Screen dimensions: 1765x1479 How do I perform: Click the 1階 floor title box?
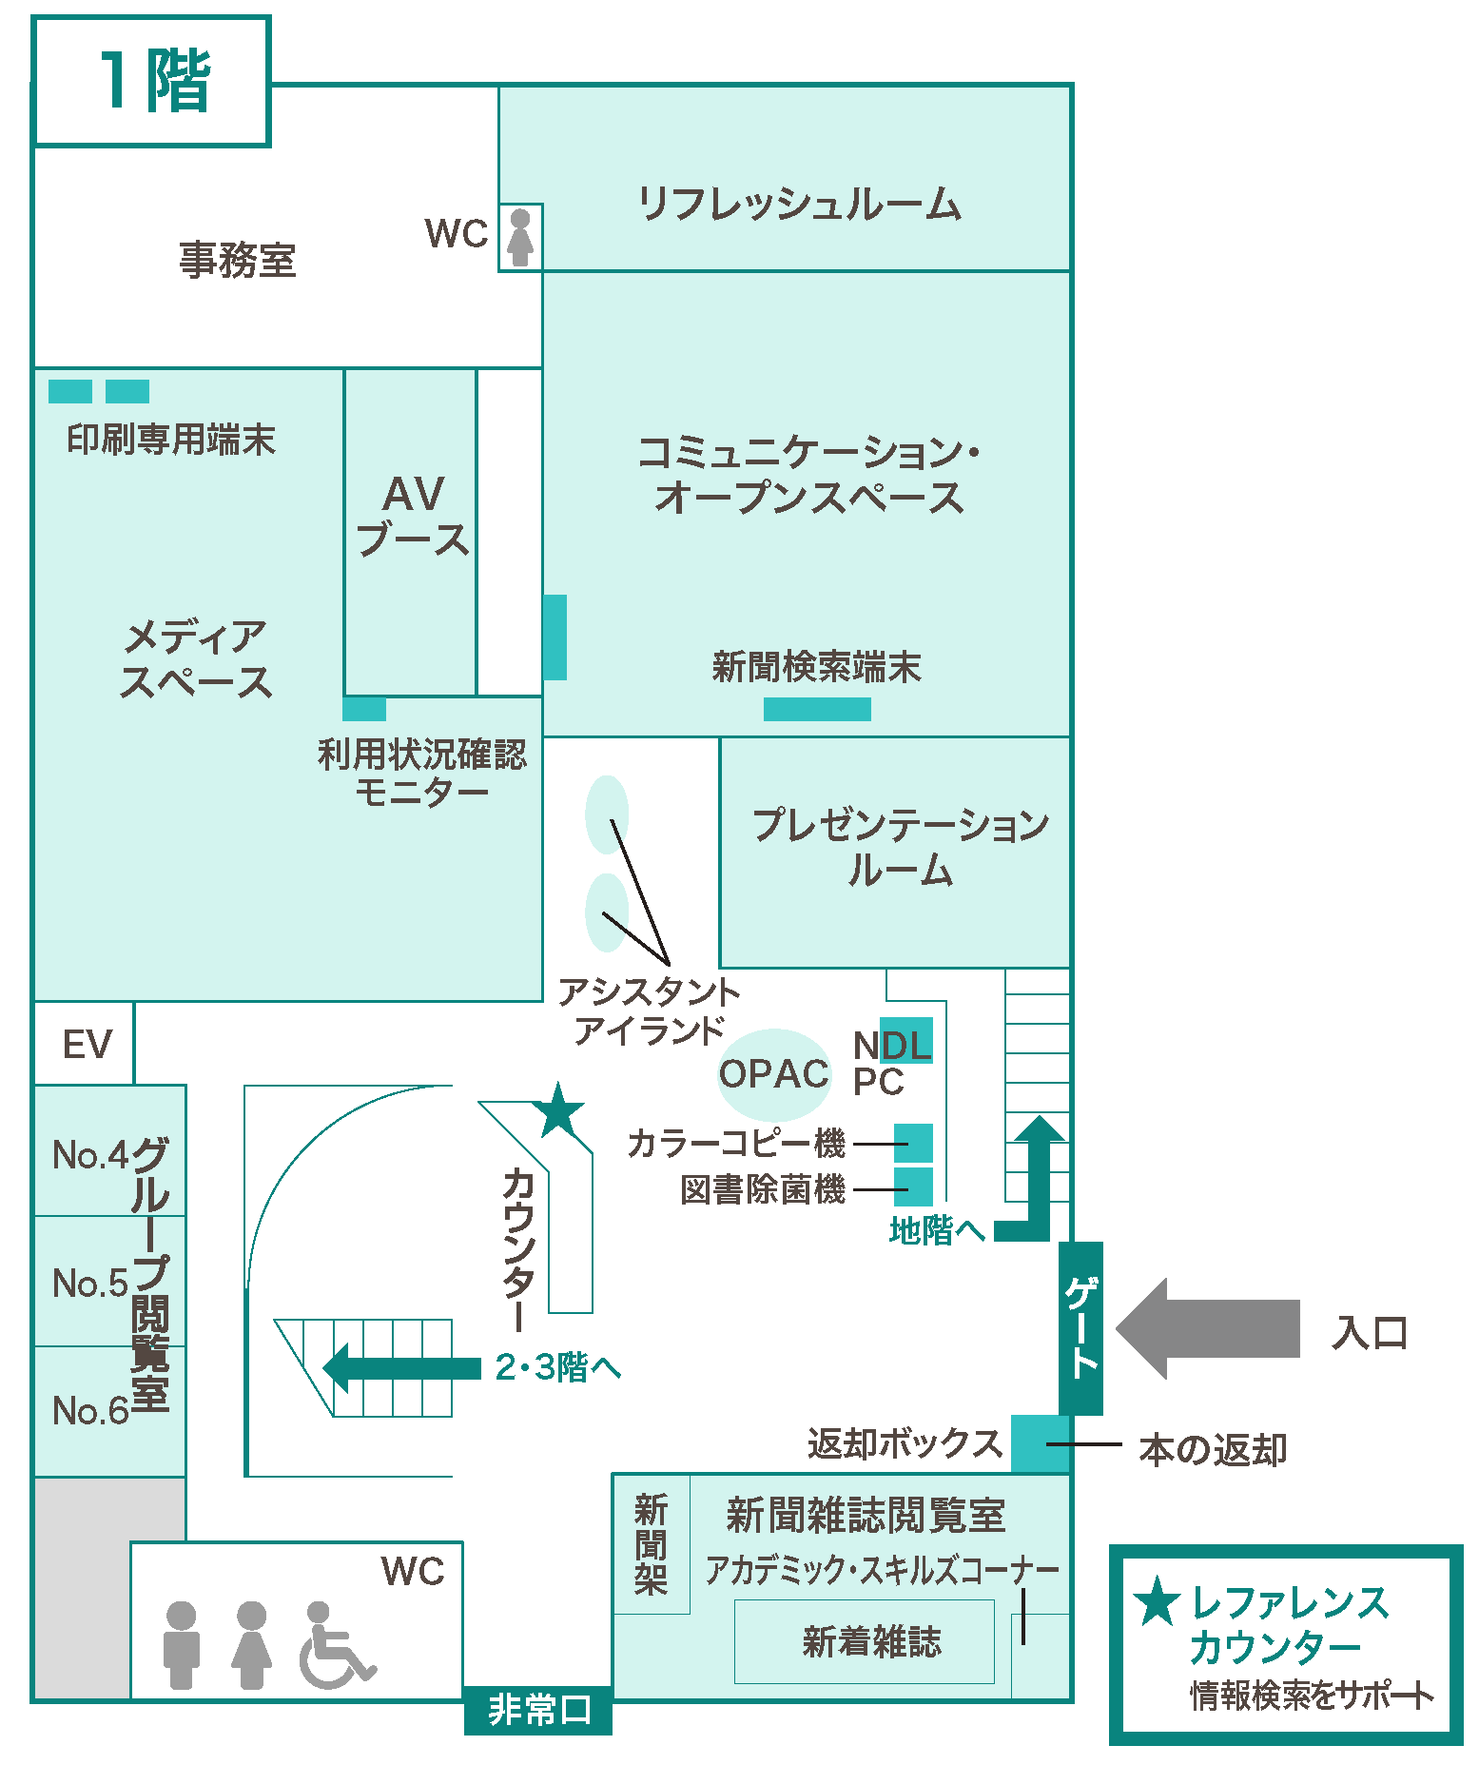click(x=152, y=81)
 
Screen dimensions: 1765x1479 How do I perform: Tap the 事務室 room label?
click(x=238, y=259)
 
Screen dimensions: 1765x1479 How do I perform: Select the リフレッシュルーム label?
click(x=799, y=204)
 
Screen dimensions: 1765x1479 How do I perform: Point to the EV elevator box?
click(x=86, y=1044)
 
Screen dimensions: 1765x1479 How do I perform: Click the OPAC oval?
click(x=773, y=1074)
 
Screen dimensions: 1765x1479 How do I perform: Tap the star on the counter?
click(x=559, y=1110)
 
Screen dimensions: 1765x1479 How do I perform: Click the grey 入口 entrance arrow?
click(x=1208, y=1329)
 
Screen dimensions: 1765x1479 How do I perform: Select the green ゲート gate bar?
click(x=1080, y=1327)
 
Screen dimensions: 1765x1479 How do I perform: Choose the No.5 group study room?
click(x=90, y=1282)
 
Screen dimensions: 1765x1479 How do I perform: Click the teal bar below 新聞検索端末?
click(x=817, y=709)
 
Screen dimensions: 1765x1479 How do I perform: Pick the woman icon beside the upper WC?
click(x=520, y=237)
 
